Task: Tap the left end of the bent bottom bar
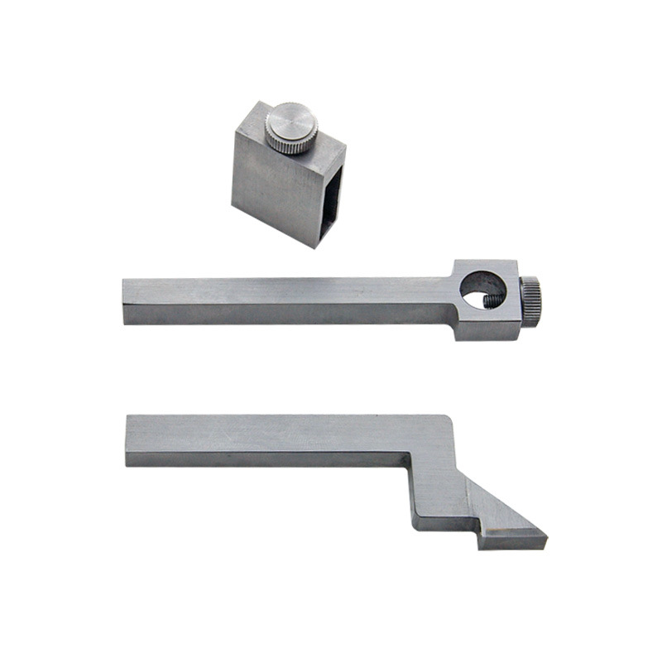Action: (128, 439)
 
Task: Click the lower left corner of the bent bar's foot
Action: (416, 526)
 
